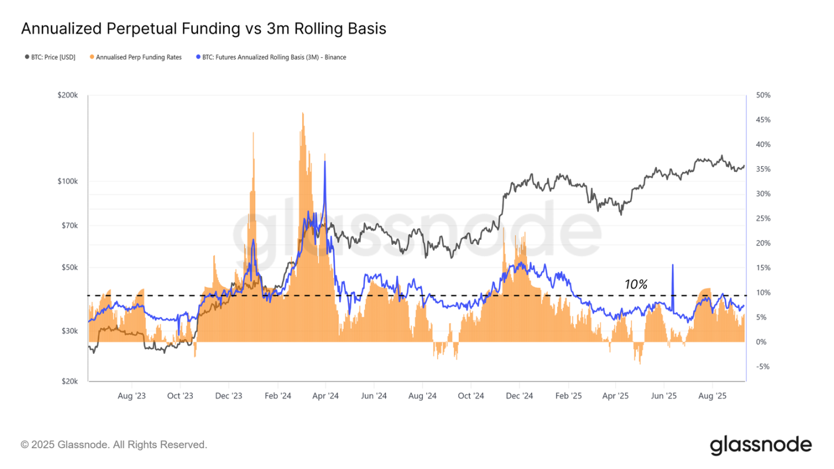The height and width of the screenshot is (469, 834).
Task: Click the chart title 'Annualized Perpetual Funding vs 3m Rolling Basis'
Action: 203,28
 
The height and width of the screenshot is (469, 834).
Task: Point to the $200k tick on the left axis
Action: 69,95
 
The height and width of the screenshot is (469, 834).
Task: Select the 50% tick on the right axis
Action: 760,95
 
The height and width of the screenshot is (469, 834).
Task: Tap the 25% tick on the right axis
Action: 760,218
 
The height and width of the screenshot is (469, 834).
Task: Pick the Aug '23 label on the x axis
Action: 132,396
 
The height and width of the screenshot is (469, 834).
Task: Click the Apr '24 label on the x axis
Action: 325,396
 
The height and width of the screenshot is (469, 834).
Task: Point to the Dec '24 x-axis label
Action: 520,396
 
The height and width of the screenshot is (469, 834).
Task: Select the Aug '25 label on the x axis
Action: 712,396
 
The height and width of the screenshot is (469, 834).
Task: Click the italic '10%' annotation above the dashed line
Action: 635,284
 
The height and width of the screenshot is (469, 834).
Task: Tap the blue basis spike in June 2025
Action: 672,266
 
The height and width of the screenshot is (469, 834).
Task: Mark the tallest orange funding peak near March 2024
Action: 302,113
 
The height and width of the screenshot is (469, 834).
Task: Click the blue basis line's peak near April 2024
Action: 324,162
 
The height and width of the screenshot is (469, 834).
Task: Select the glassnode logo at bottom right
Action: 760,445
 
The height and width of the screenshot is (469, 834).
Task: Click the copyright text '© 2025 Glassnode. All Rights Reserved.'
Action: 114,445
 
